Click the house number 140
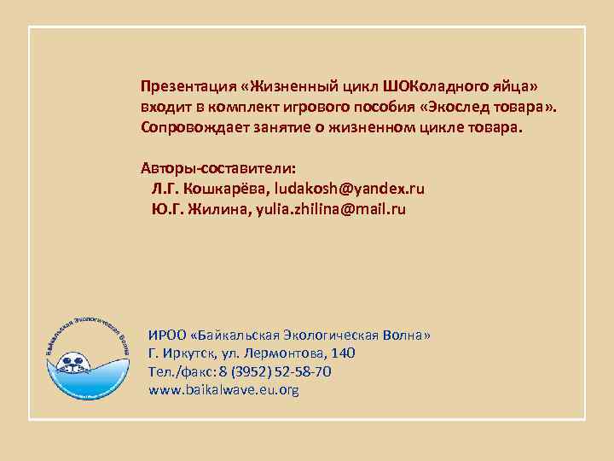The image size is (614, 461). (344, 353)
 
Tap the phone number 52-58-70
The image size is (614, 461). (304, 372)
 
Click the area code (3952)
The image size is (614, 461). (250, 372)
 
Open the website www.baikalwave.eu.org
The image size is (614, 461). (223, 391)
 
